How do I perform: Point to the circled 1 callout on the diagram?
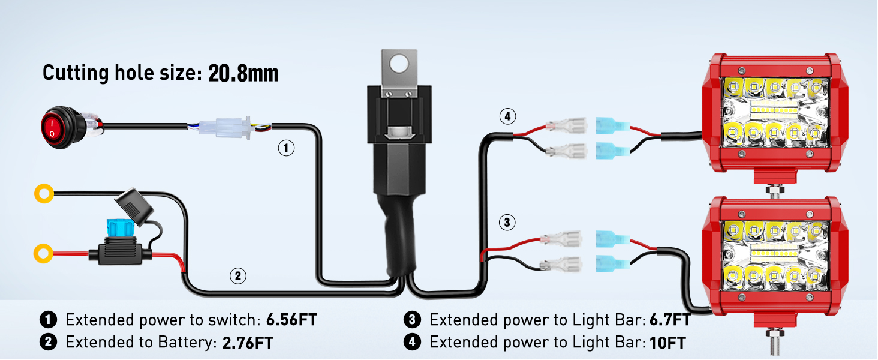click(x=287, y=148)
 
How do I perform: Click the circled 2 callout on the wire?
click(x=237, y=276)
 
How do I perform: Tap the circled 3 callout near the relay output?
click(x=507, y=223)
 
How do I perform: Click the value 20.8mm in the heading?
click(x=243, y=73)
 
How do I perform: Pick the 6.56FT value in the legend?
click(x=291, y=320)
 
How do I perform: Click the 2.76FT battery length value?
click(x=248, y=343)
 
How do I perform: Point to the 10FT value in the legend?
click(x=667, y=343)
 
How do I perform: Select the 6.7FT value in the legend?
click(x=670, y=320)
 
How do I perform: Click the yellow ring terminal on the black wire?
click(x=44, y=193)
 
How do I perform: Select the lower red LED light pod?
click(x=775, y=258)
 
